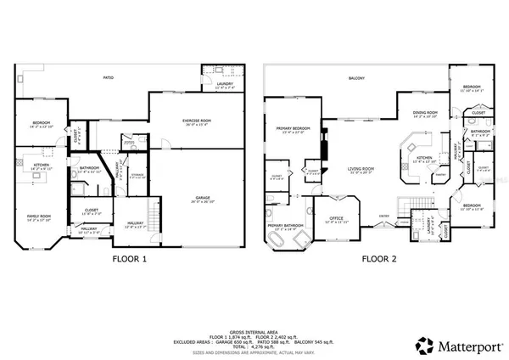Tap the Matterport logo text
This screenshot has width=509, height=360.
point(461,346)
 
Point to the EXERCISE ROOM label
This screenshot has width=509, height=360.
point(196,121)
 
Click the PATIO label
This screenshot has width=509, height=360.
point(109,77)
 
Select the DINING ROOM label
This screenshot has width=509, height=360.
point(425,113)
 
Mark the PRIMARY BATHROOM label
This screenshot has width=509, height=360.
point(286,227)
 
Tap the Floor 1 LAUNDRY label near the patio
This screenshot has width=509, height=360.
point(224,83)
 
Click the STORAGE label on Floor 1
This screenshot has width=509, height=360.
point(137,175)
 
